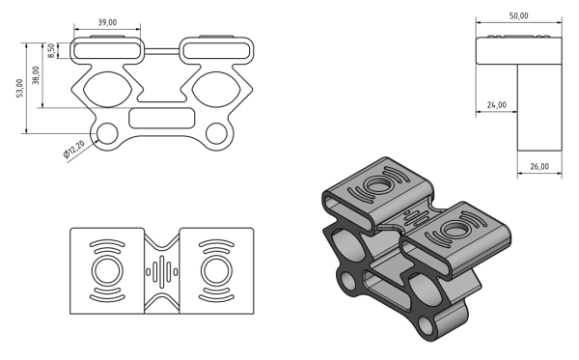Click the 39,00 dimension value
click(107, 22)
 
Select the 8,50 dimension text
click(51, 50)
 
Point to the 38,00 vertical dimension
click(36, 75)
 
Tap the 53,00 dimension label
click(19, 88)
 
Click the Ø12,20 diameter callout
click(74, 149)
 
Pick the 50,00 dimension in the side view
click(519, 15)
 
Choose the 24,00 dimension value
click(497, 105)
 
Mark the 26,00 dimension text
click(539, 167)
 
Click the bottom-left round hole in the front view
click(107, 133)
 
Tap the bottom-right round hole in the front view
click(216, 133)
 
